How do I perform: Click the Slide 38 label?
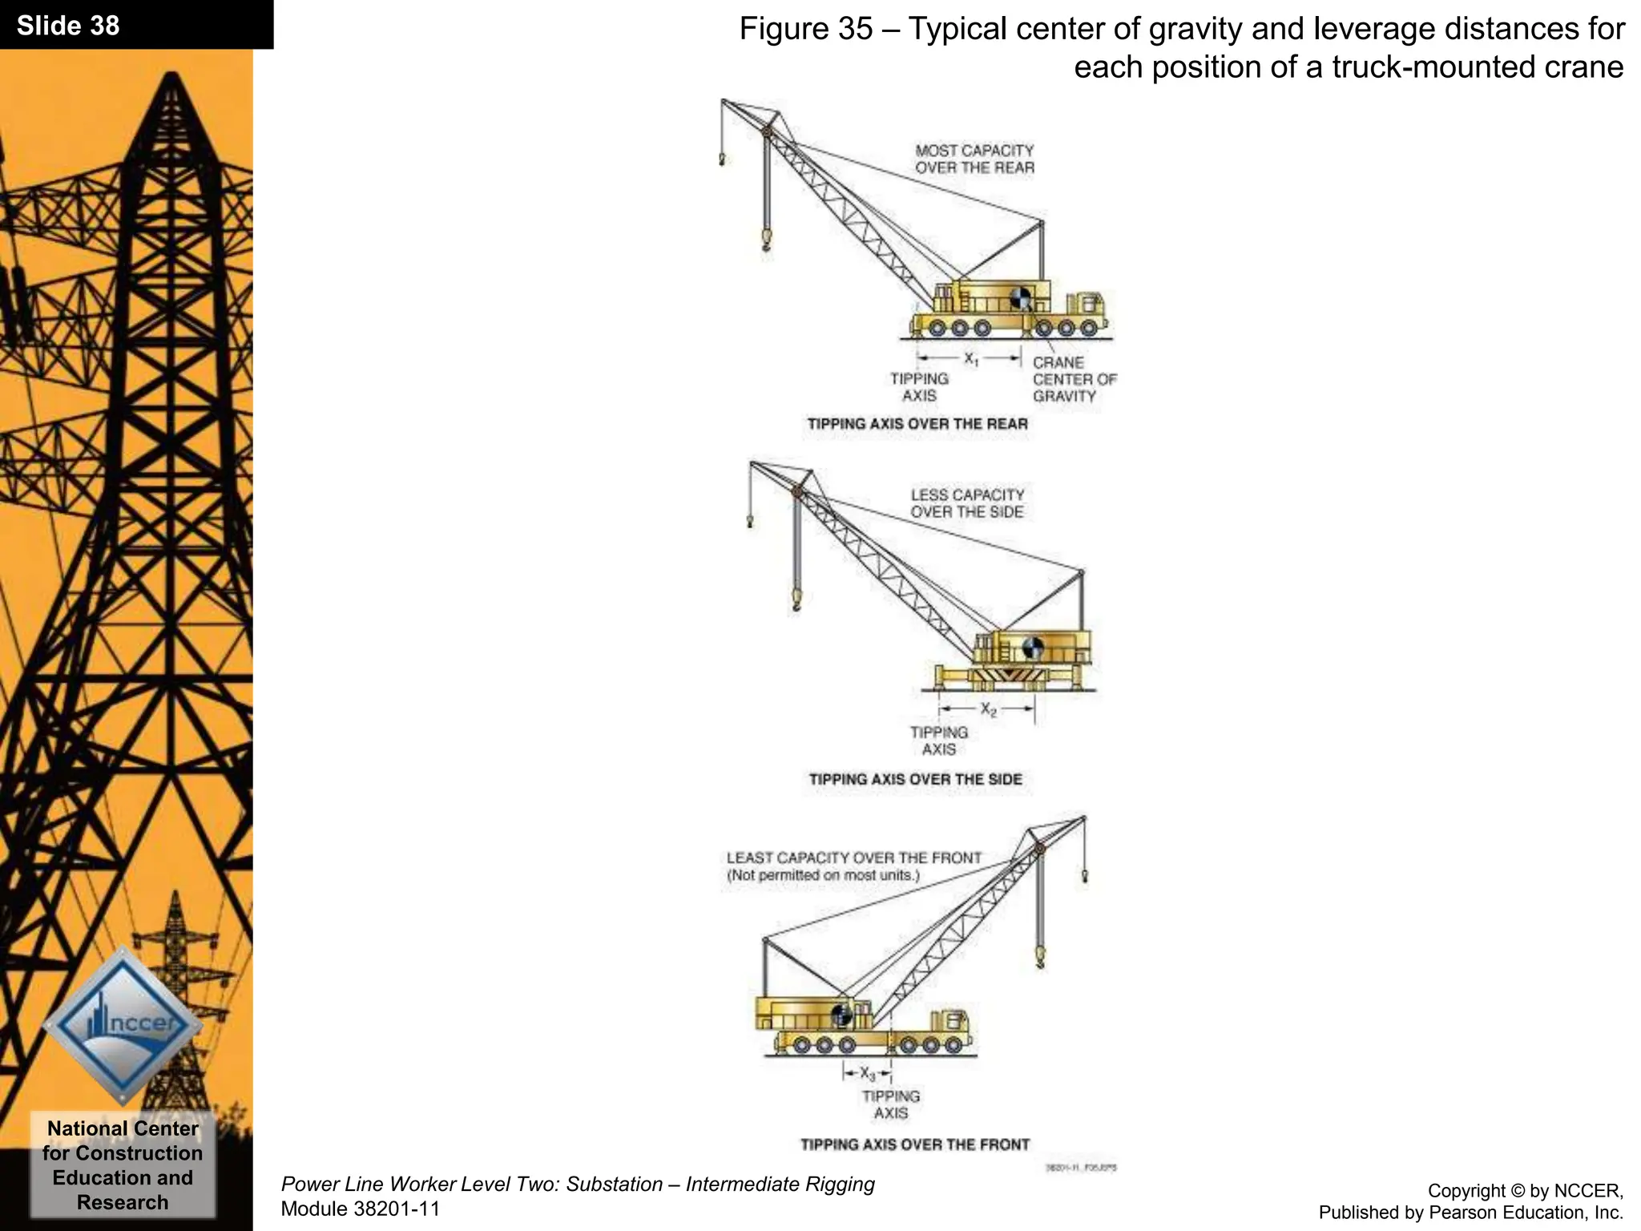click(68, 26)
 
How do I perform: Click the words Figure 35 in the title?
click(804, 30)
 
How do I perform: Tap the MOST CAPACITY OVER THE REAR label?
click(974, 159)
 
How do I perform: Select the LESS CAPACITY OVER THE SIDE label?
click(967, 503)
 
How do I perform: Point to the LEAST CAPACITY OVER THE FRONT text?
click(853, 858)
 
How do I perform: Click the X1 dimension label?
click(970, 359)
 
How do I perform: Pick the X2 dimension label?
click(989, 709)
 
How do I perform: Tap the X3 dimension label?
click(868, 1072)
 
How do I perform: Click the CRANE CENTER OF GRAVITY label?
click(1074, 379)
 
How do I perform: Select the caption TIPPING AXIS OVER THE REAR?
click(917, 424)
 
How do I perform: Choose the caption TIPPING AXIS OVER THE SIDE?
click(915, 779)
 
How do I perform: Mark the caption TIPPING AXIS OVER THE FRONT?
click(915, 1144)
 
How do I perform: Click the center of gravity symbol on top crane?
click(1021, 298)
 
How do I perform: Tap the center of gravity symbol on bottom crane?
click(841, 1015)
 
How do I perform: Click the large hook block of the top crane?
click(767, 239)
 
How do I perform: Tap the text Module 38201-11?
click(361, 1209)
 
